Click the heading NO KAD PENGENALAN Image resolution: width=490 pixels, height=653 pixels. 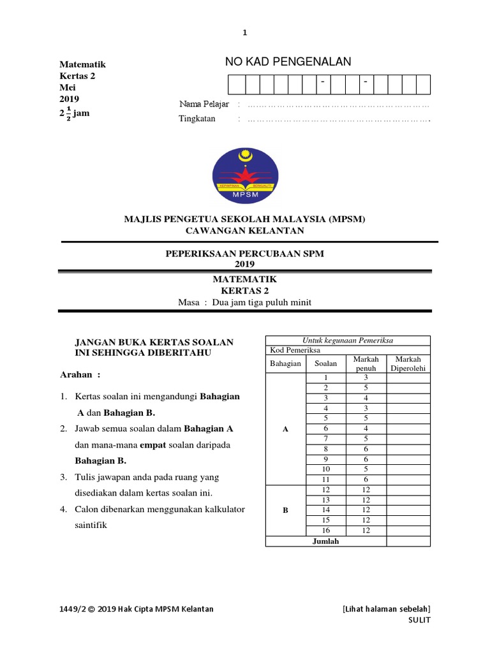(x=288, y=62)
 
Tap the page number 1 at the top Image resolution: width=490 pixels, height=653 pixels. (x=244, y=33)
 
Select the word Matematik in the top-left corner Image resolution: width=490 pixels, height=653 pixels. (x=82, y=64)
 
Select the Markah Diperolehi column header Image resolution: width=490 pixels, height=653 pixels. (x=408, y=364)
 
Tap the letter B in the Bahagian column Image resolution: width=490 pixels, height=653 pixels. (x=285, y=510)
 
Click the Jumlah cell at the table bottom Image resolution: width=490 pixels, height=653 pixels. (x=325, y=541)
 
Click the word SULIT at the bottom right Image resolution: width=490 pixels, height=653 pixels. (x=420, y=620)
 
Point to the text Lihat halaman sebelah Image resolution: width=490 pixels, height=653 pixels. (x=387, y=609)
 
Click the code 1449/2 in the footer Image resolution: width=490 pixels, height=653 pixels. (x=71, y=609)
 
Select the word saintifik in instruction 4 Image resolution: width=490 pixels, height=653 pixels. (x=92, y=525)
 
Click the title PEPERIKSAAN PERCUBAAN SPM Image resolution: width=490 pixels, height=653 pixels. (x=244, y=254)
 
